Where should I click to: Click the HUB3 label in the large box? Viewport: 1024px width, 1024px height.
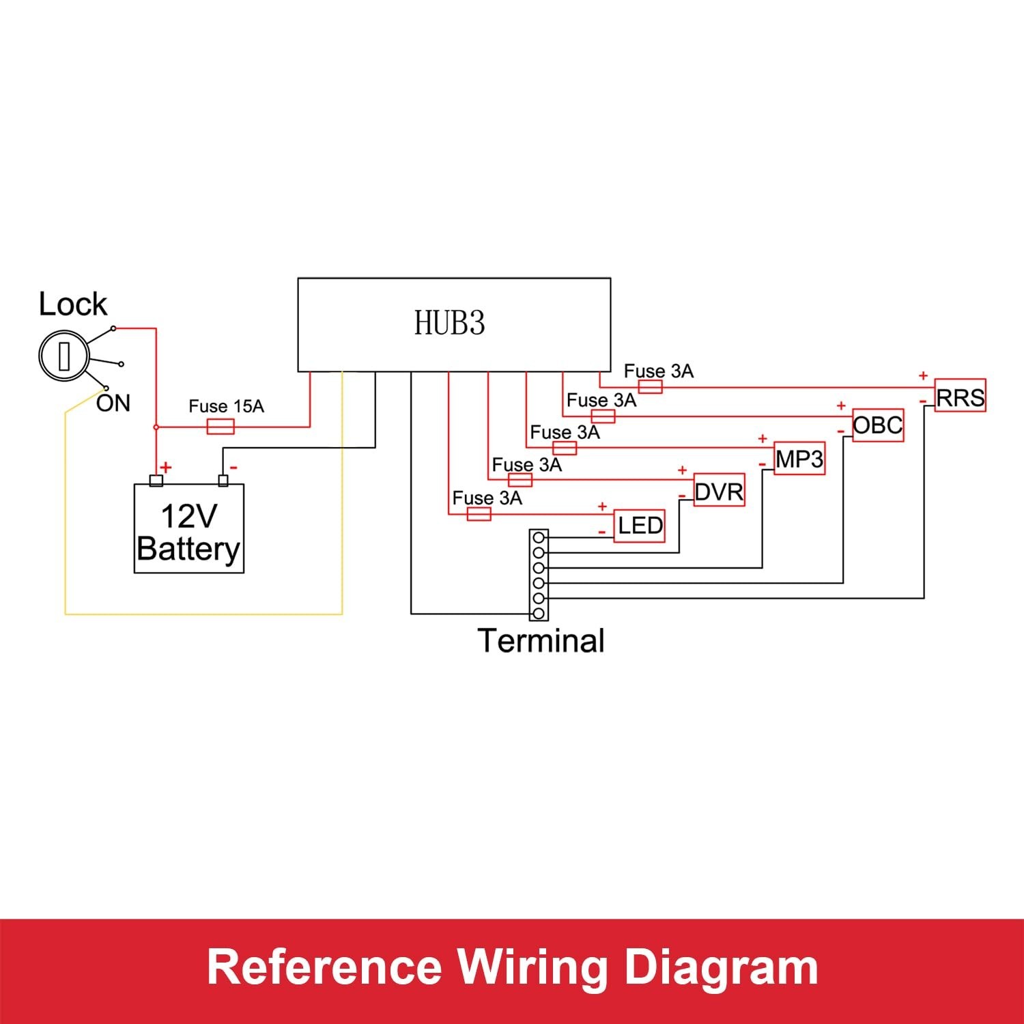point(449,323)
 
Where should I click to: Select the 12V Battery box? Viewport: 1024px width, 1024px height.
point(188,528)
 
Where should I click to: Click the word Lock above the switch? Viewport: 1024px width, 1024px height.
point(72,304)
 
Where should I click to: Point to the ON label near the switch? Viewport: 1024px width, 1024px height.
point(113,403)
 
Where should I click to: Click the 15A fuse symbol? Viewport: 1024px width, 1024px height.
point(220,427)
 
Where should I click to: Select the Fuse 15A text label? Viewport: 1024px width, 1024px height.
point(226,406)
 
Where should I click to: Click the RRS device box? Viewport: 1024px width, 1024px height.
point(960,396)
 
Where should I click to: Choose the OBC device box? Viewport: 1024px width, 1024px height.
point(878,425)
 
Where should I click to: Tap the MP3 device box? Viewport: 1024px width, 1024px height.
point(799,458)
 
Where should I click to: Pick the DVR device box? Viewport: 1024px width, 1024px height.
point(719,491)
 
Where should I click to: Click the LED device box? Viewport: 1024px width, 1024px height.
point(640,526)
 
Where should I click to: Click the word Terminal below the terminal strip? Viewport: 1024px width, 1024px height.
point(541,640)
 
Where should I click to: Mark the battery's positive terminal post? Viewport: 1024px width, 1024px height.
point(156,480)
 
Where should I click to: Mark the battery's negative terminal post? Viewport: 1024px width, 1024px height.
point(223,480)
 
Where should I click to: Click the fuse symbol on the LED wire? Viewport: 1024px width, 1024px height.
point(479,514)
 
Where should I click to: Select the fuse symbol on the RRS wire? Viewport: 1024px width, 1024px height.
point(650,387)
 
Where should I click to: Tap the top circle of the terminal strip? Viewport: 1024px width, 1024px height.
point(539,537)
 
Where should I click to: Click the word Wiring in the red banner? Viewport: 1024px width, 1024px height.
point(532,967)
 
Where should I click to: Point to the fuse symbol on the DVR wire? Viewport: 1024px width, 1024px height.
point(520,480)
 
